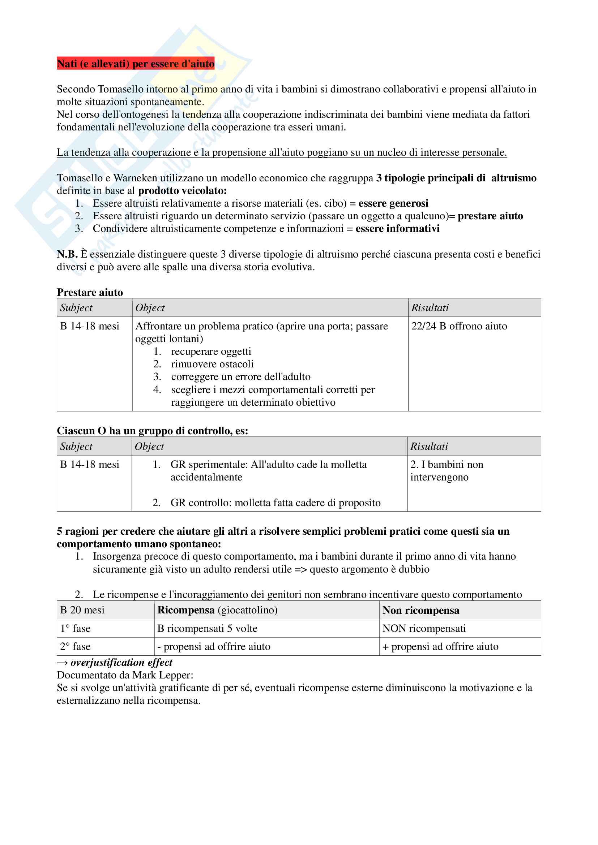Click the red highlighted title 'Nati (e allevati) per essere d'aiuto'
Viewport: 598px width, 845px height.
point(135,64)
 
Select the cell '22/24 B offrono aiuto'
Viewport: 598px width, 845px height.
point(459,326)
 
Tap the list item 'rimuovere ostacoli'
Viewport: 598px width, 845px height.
point(212,364)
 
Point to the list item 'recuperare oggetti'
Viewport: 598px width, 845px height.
point(211,352)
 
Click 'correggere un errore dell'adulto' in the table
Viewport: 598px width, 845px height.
point(240,377)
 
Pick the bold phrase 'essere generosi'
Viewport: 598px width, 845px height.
point(393,203)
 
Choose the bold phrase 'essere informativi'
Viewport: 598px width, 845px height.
point(397,229)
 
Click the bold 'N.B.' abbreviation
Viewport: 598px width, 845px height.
point(67,254)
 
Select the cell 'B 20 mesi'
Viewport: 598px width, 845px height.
point(82,610)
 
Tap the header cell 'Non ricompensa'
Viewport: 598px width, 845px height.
point(420,611)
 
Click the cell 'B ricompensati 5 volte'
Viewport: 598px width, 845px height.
point(207,629)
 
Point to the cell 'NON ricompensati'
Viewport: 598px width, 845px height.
point(424,629)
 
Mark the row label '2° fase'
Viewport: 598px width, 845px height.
point(75,647)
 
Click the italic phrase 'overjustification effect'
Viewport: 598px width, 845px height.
point(121,663)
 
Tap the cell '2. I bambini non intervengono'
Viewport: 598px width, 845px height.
point(446,471)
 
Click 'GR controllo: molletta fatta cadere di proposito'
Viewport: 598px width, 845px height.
point(275,503)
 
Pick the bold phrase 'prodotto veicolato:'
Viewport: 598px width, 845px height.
point(182,191)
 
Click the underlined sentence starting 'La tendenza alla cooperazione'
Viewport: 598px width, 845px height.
point(281,152)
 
